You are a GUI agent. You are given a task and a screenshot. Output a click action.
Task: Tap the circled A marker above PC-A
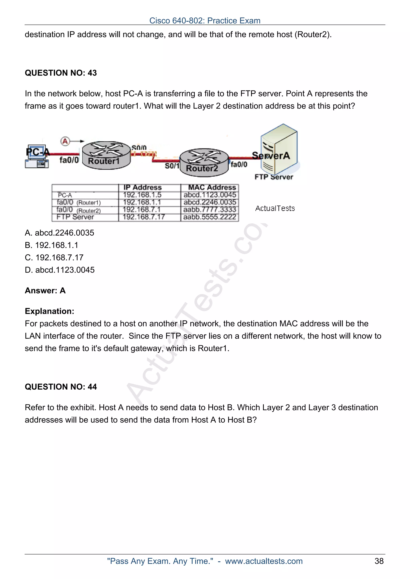65,141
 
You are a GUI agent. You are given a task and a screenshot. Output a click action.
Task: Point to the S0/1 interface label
172,166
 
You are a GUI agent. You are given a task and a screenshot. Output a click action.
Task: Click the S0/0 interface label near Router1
139,147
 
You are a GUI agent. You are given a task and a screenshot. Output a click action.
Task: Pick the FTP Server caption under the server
274,177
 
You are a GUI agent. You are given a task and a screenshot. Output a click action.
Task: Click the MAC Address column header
212,187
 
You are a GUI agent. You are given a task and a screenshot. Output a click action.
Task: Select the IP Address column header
143,187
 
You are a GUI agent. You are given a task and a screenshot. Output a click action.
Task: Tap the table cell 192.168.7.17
144,217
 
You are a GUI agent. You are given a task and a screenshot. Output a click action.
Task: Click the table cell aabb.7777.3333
210,210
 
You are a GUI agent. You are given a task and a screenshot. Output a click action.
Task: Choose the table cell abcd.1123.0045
210,195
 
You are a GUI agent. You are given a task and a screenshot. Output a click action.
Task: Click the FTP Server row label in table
75,217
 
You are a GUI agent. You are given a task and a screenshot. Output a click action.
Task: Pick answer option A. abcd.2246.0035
59,233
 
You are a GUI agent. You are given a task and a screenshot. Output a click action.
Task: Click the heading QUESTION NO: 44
61,387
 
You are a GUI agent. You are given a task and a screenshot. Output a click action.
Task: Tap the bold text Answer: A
45,290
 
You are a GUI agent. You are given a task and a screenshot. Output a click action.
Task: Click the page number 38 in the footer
379,561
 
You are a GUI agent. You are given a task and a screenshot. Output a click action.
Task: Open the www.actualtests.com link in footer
264,561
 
